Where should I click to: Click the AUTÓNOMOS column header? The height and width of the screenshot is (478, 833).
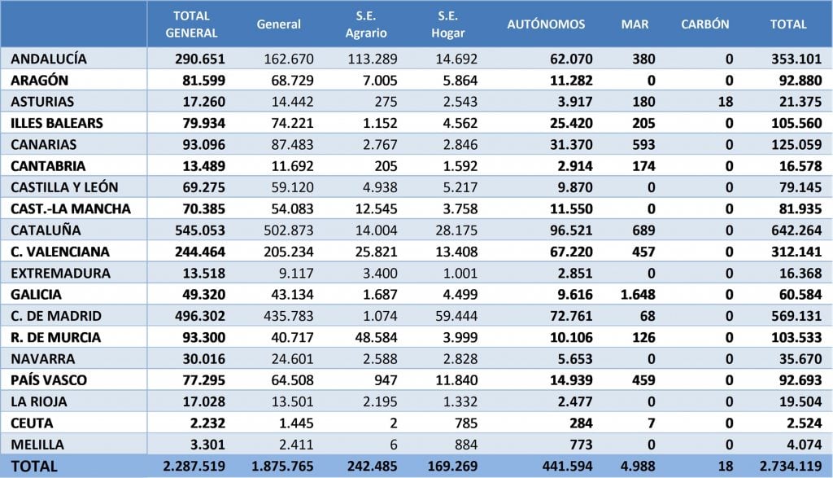tap(546, 24)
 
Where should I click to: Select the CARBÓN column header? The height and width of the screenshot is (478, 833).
tap(705, 24)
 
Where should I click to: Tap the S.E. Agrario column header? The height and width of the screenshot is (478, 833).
tap(366, 24)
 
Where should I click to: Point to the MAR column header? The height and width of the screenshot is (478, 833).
tap(635, 24)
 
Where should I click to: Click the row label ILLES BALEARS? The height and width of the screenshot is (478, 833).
tap(57, 123)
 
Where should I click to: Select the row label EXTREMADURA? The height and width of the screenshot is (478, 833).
tap(60, 274)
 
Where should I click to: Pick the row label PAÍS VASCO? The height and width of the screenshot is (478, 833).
tap(48, 380)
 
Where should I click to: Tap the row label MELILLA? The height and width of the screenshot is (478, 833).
tap(37, 445)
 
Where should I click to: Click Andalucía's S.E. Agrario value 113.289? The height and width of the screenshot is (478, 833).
tap(373, 59)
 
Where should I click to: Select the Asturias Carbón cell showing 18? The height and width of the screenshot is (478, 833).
tap(726, 102)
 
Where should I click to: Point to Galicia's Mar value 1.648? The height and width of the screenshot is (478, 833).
tap(638, 295)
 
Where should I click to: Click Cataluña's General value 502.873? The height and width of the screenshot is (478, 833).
tap(289, 230)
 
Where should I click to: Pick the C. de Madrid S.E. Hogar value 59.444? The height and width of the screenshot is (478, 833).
tap(456, 316)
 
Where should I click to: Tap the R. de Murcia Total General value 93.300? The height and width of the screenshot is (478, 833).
tap(204, 338)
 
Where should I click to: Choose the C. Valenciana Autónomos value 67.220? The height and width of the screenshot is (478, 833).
tap(571, 252)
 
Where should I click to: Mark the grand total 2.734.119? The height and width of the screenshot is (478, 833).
tap(791, 467)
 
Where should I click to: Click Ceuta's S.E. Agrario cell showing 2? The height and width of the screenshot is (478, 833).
tap(393, 423)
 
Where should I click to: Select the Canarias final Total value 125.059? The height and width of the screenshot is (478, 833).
tap(797, 145)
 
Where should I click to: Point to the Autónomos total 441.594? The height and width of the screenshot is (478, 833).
tap(567, 467)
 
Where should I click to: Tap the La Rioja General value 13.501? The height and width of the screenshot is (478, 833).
tap(292, 402)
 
